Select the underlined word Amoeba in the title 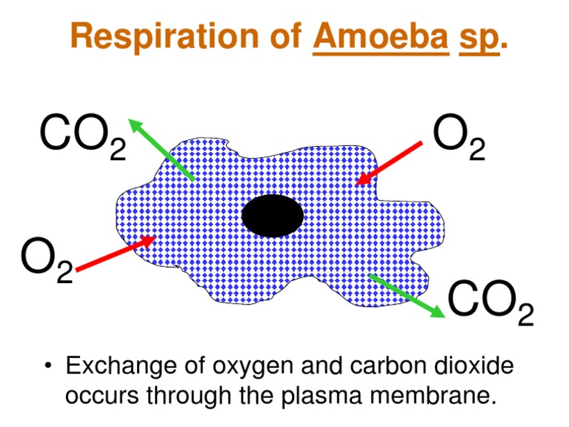coord(381,36)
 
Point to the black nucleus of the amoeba coord(273,216)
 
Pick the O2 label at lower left coord(47,260)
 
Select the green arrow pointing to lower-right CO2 coord(407,296)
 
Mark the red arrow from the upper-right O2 coord(390,162)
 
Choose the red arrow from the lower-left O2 coord(115,254)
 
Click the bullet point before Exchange coord(48,367)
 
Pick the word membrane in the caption coord(422,394)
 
